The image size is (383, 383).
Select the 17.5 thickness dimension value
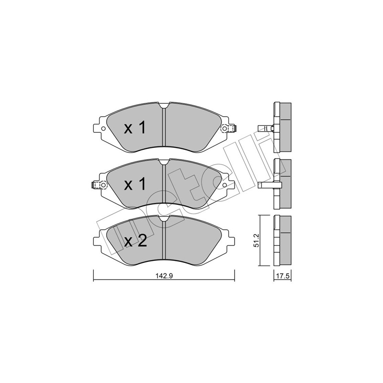tap(283, 276)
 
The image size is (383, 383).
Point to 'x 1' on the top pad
tap(135, 128)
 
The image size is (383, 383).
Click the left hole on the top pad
tap(103, 128)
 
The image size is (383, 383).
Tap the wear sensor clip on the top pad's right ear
tap(229, 128)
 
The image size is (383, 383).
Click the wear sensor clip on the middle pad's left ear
tap(99, 185)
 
